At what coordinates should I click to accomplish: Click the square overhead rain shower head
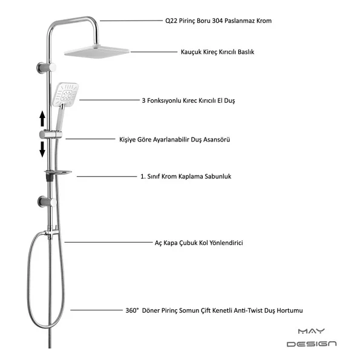(x=97, y=52)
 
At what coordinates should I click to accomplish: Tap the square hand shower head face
(x=65, y=94)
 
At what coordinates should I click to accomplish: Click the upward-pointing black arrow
(x=42, y=119)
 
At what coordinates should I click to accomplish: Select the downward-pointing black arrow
(x=42, y=149)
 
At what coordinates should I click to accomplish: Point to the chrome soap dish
(x=58, y=172)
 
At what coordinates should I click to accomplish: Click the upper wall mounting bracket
(x=46, y=68)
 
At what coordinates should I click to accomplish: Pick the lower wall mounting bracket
(x=47, y=201)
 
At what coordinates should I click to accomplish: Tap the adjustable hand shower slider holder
(x=51, y=134)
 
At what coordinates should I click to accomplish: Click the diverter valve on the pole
(x=51, y=232)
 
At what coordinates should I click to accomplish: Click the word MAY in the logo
(x=312, y=332)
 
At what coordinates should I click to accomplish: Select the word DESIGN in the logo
(x=312, y=344)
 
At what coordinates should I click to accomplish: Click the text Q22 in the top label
(x=171, y=21)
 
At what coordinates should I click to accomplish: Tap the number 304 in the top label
(x=217, y=21)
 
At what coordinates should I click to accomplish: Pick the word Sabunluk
(x=220, y=177)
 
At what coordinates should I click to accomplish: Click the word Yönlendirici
(x=226, y=243)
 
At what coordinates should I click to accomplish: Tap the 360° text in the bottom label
(x=132, y=310)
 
